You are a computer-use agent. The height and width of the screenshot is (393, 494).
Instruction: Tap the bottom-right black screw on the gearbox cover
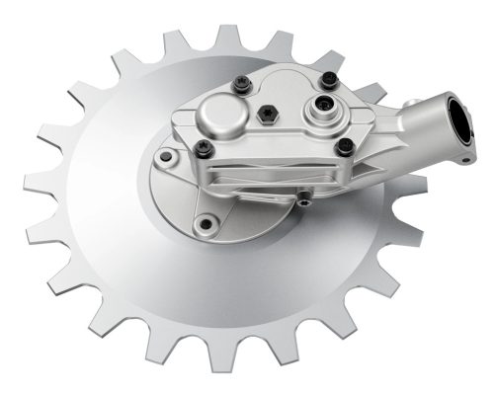344,148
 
